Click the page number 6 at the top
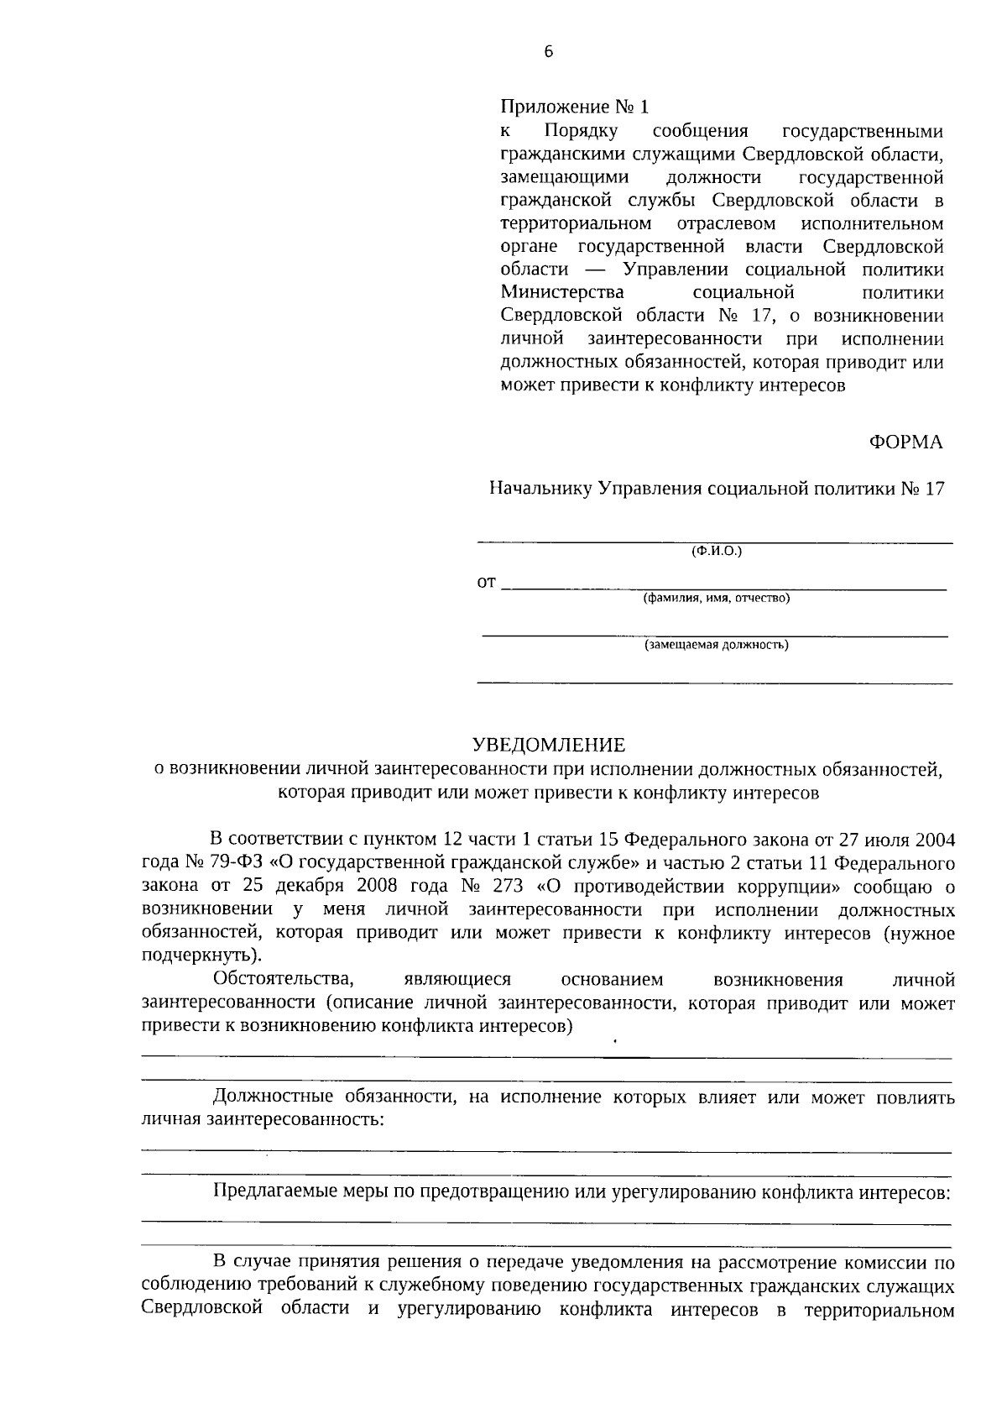pyautogui.click(x=549, y=52)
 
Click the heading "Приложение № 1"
pyautogui.click(x=575, y=107)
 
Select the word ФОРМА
pyautogui.click(x=906, y=442)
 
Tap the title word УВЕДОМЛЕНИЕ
pyautogui.click(x=549, y=744)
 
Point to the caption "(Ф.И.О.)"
pyautogui.click(x=717, y=552)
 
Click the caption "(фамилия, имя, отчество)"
pyautogui.click(x=716, y=599)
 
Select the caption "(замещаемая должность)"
pyautogui.click(x=716, y=645)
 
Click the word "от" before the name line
pyautogui.click(x=487, y=582)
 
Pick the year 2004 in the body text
pyautogui.click(x=936, y=839)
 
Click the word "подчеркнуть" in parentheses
pyautogui.click(x=198, y=955)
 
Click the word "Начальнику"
pyautogui.click(x=542, y=489)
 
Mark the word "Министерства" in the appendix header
pyautogui.click(x=562, y=292)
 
